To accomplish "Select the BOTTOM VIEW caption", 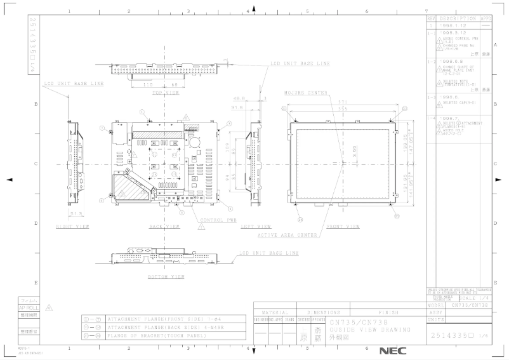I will pyautogui.click(x=166, y=277).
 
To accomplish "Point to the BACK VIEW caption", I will pyautogui.click(x=164, y=225).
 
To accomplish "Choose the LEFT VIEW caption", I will pyautogui.click(x=257, y=225).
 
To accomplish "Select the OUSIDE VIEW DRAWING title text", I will pyautogui.click(x=364, y=330).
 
